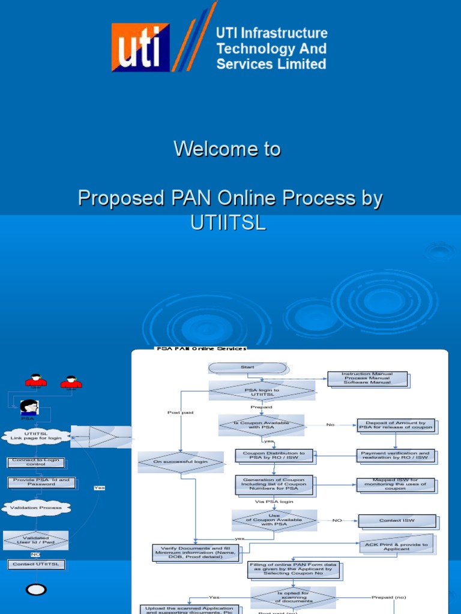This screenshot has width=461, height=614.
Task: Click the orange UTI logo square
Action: (x=140, y=47)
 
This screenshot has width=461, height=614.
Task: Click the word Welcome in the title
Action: (x=200, y=149)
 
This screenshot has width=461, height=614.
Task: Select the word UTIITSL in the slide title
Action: (x=227, y=222)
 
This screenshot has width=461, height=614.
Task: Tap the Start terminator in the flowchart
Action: (x=247, y=368)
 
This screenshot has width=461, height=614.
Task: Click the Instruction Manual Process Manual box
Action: (x=367, y=378)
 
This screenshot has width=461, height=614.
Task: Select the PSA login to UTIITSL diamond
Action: (x=262, y=392)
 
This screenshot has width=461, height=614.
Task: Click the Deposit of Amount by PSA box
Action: (x=395, y=425)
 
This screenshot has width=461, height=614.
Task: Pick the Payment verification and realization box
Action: (x=395, y=456)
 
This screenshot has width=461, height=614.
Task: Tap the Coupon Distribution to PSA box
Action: (x=274, y=456)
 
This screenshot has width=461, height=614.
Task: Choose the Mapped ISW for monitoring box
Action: (x=395, y=484)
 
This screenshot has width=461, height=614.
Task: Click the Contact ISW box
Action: (x=397, y=520)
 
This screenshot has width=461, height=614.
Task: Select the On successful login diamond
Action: (x=181, y=462)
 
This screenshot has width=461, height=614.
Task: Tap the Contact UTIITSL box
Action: (x=35, y=564)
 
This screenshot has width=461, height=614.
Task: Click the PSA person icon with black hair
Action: (x=29, y=407)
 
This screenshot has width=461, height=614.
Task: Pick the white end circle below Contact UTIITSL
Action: (x=37, y=590)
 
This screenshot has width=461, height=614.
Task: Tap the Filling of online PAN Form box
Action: (x=293, y=569)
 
